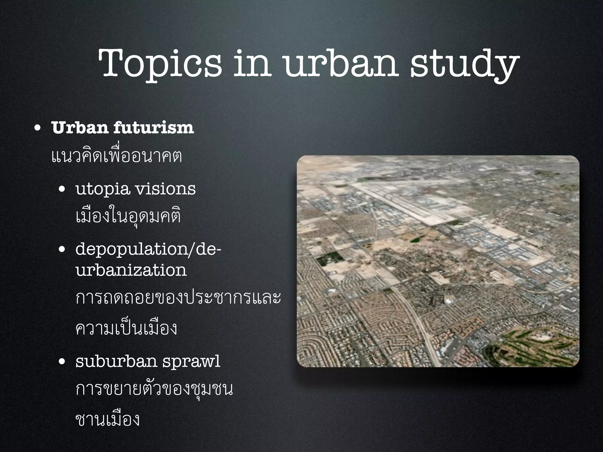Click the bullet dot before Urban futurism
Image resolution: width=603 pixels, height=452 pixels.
(x=37, y=129)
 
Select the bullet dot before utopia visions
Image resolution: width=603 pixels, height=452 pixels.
(x=62, y=190)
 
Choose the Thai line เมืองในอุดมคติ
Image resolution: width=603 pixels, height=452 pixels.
(x=128, y=217)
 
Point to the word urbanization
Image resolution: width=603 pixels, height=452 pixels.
(x=131, y=270)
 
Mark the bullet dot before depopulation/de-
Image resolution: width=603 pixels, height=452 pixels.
(x=62, y=250)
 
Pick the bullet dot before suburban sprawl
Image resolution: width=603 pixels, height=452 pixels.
(x=62, y=363)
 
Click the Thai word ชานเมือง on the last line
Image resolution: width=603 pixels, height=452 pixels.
(x=107, y=420)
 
